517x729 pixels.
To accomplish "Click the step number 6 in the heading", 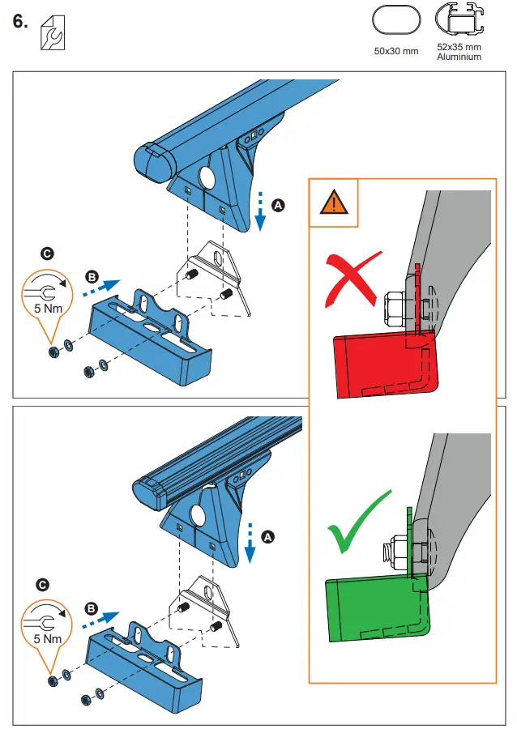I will [x=21, y=23].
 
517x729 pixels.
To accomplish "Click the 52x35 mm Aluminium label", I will [x=459, y=52].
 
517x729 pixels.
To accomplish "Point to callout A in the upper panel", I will [x=278, y=207].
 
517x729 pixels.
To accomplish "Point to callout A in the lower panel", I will [x=269, y=536].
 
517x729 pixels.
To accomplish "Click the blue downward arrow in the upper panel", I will [x=260, y=212].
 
